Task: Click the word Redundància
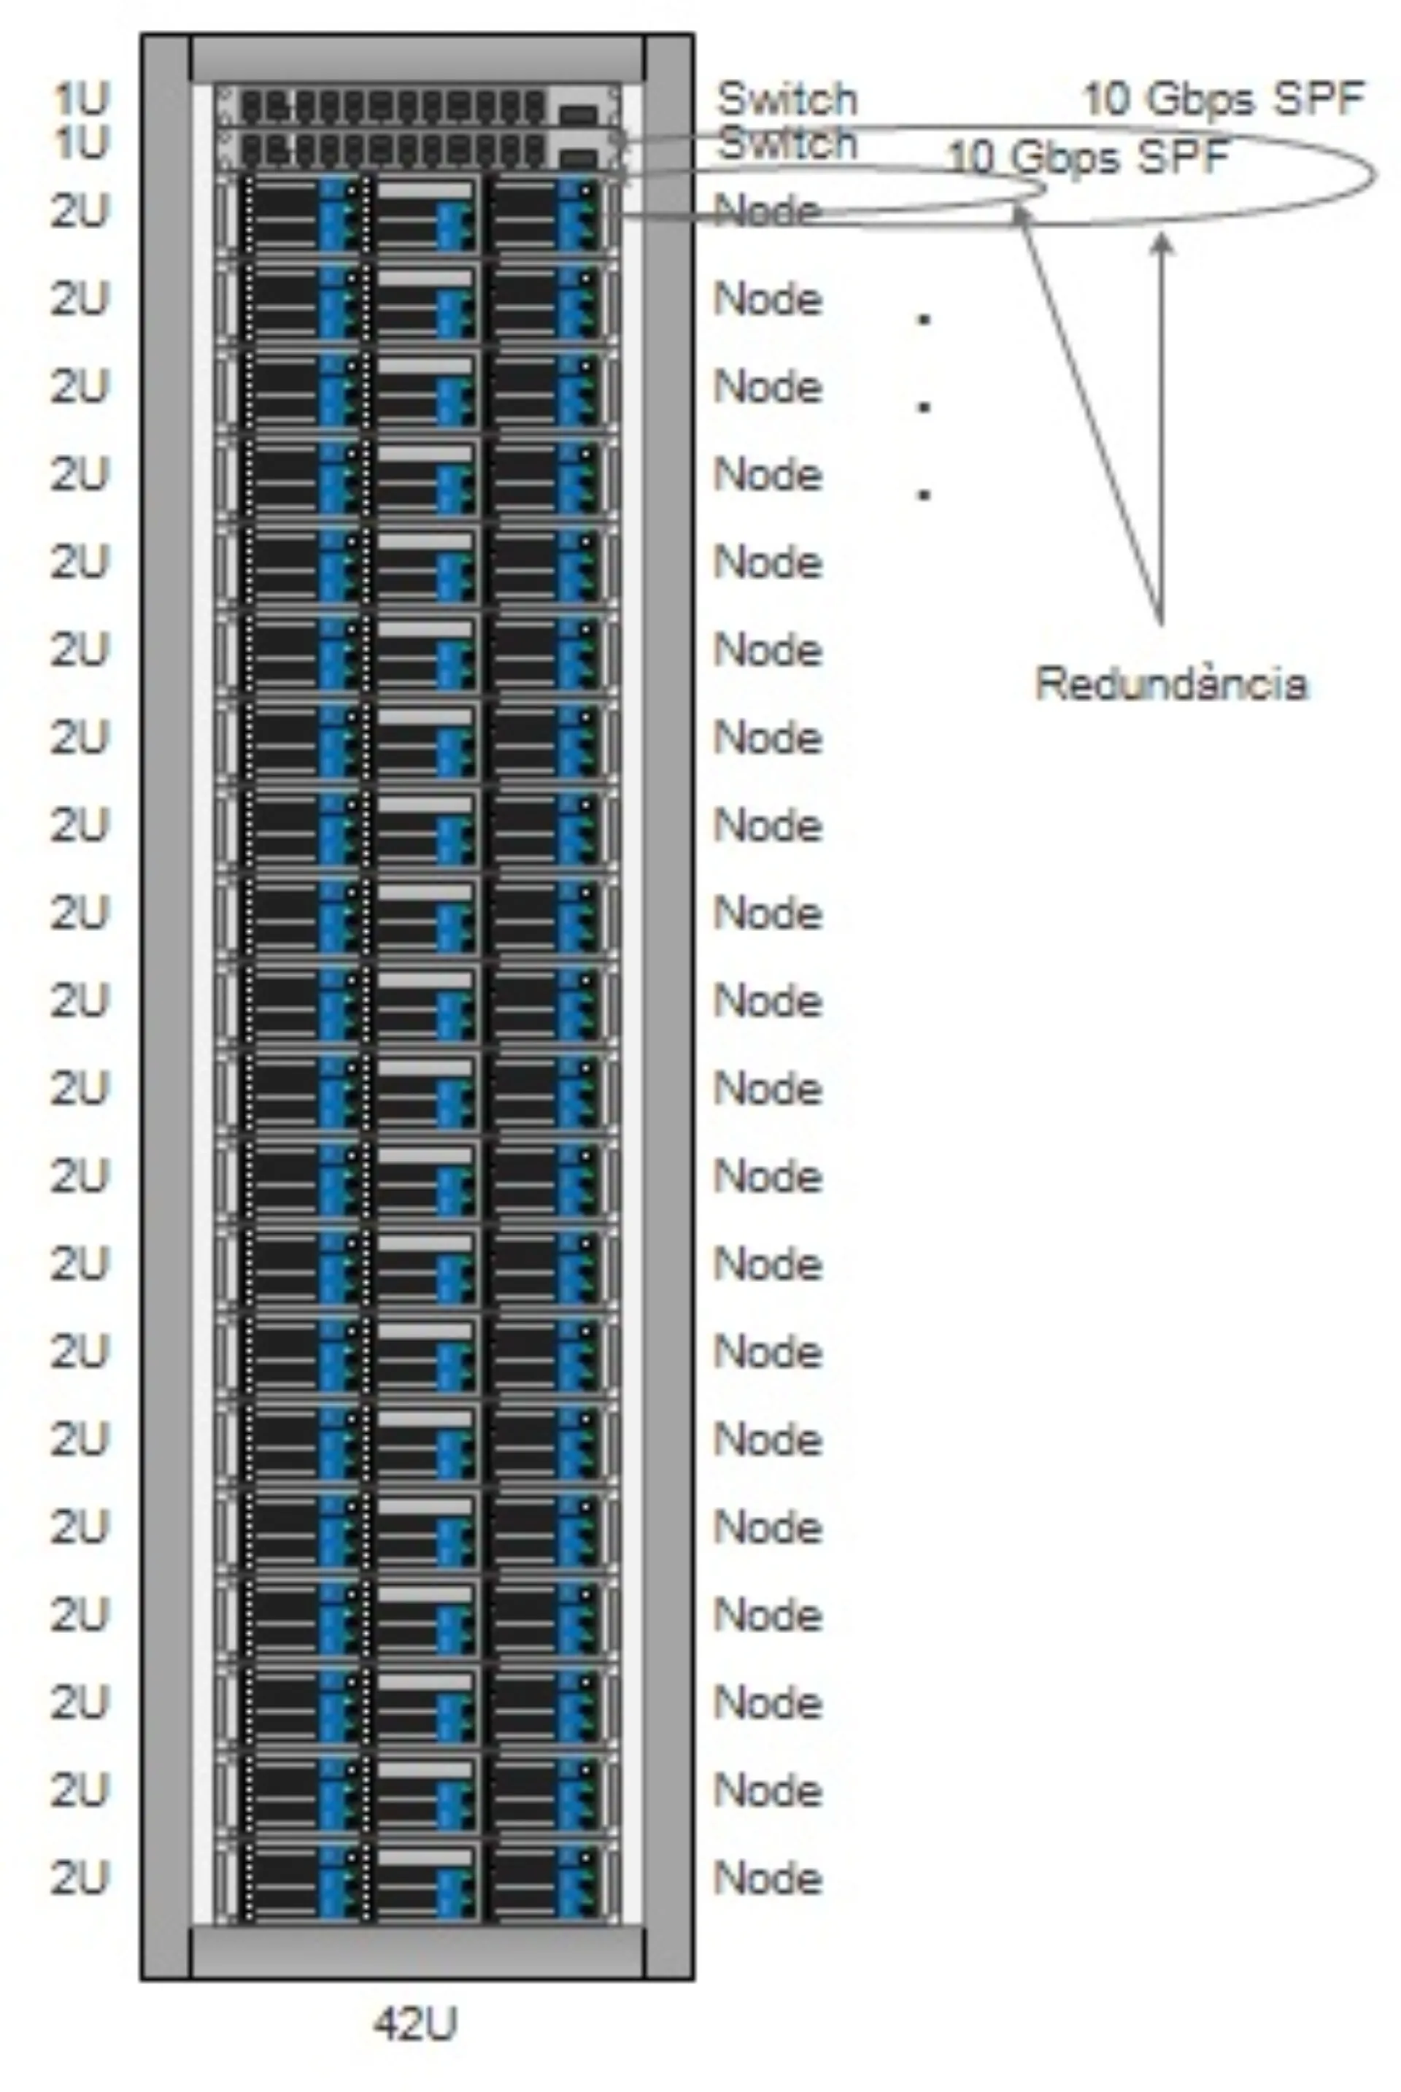click(1170, 684)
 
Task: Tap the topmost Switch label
click(787, 99)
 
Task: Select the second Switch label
click(787, 142)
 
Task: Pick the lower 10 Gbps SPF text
click(1087, 158)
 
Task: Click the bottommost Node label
click(768, 1877)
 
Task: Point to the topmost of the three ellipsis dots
click(924, 319)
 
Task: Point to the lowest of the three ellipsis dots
click(924, 493)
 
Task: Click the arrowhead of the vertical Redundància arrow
click(1162, 239)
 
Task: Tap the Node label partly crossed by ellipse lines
click(768, 212)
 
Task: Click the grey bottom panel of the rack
click(417, 1951)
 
